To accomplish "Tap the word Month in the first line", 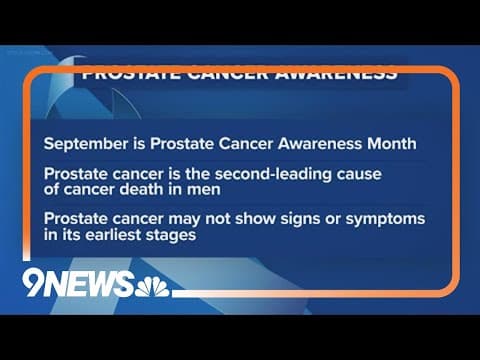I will click(x=393, y=143).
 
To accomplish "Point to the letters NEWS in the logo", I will click(x=99, y=285).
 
